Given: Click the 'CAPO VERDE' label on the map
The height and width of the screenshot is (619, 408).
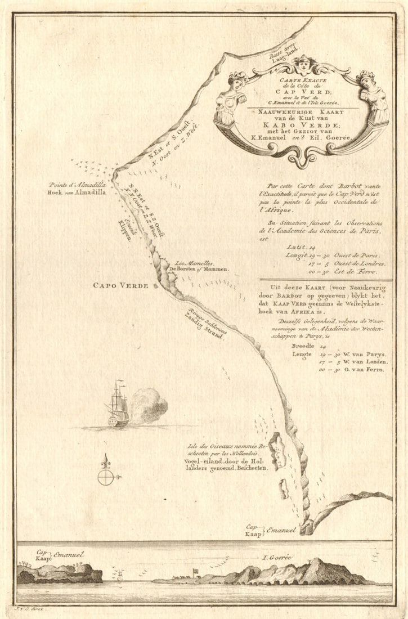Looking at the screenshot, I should [120, 285].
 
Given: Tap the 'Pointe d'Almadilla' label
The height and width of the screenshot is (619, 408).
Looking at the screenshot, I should [77, 184].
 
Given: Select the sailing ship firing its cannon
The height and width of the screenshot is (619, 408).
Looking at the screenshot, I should [118, 406].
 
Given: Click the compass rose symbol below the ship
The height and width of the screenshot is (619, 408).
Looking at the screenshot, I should [106, 476].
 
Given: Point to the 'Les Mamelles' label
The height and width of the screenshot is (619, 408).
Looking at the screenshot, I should [188, 263].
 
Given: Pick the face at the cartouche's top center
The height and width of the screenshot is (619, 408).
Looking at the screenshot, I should [304, 64].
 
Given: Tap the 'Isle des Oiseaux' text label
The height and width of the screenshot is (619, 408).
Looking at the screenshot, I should [223, 450].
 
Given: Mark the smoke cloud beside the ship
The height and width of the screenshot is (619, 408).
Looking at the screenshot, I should [149, 405].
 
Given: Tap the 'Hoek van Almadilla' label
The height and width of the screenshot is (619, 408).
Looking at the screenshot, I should [77, 192].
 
